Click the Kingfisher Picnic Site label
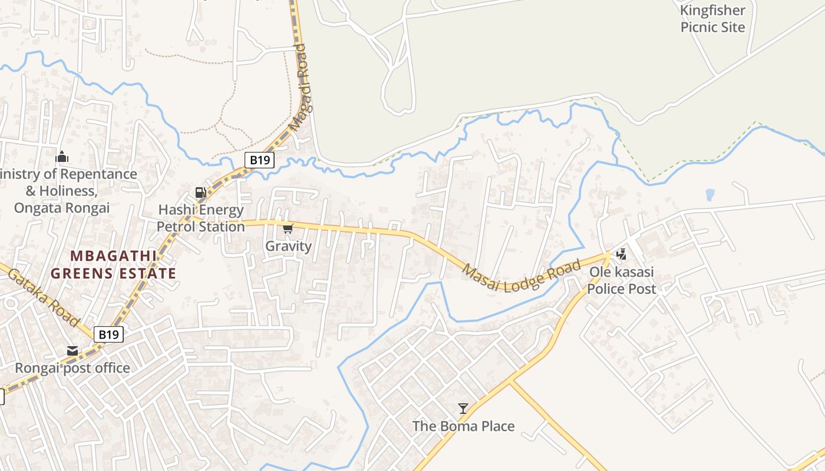pos(712,19)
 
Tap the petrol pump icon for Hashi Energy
pos(200,192)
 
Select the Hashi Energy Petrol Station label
pos(200,218)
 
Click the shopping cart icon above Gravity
pos(288,228)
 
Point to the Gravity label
pos(288,246)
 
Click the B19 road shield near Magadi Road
pos(260,159)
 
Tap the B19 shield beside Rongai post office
pos(109,334)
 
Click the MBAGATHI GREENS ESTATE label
pos(113,264)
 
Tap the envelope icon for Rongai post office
pos(72,351)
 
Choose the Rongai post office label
pos(72,368)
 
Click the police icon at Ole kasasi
pos(621,254)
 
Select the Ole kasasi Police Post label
pos(621,281)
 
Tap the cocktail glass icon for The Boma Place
pos(463,408)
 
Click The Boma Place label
pos(463,426)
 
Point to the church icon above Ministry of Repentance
pos(61,157)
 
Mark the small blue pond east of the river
pos(709,194)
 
